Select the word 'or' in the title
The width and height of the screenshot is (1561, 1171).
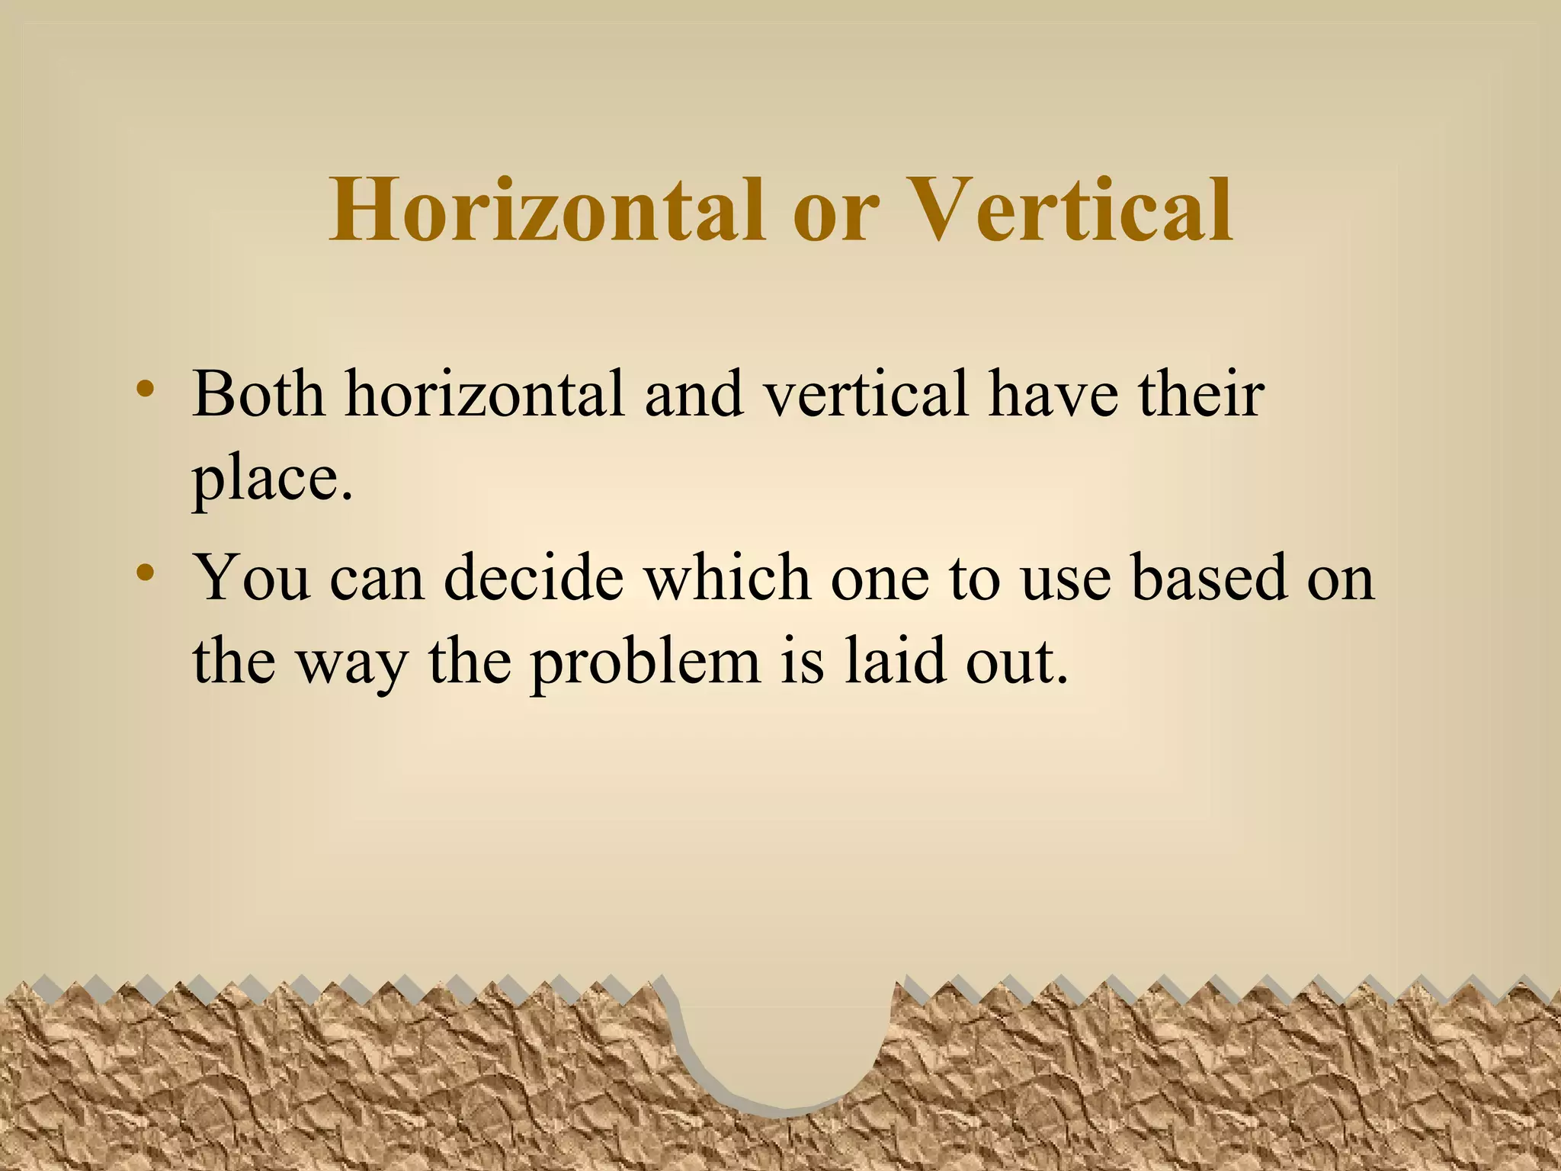(835, 213)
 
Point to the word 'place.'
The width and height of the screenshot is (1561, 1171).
(272, 480)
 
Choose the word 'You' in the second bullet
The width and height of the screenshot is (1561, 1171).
(252, 577)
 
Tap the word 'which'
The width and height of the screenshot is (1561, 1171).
(727, 577)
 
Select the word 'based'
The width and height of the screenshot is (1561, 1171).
(1209, 577)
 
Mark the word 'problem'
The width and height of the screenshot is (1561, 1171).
(645, 662)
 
